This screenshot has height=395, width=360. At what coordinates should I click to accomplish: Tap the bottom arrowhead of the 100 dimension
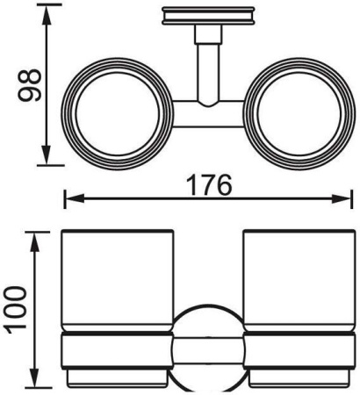[32, 384]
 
